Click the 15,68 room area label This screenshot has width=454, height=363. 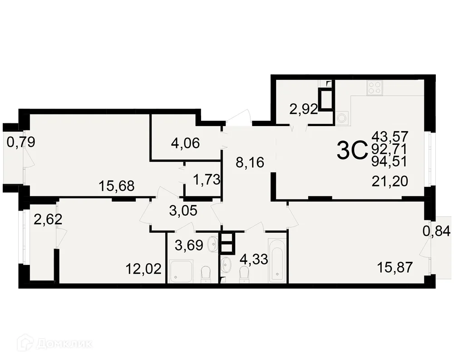[x=116, y=186]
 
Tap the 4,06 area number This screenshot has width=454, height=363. [x=185, y=143]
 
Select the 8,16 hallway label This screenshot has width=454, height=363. [x=250, y=162]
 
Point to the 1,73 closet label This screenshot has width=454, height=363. [x=207, y=180]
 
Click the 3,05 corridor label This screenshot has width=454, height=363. [x=183, y=211]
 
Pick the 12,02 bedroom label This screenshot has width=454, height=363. [x=143, y=269]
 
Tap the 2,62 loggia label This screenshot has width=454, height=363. [x=48, y=219]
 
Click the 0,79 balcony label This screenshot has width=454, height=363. [x=21, y=142]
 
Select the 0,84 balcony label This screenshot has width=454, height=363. [x=437, y=231]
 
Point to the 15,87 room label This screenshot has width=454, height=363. [x=395, y=267]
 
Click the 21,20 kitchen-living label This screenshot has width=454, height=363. [x=390, y=181]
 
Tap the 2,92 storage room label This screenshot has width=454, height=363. [x=304, y=109]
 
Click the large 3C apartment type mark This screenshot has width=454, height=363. [x=352, y=151]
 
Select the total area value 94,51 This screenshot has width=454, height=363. [x=390, y=161]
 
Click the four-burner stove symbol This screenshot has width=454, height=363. [x=375, y=88]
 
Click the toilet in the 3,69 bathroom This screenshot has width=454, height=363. [x=206, y=274]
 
